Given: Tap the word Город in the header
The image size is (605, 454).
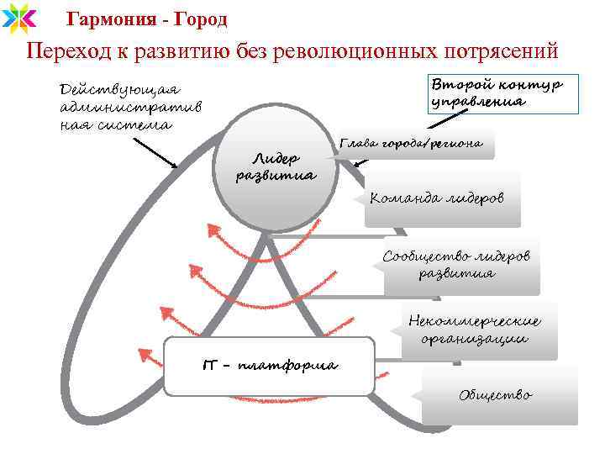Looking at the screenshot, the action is pos(198,18).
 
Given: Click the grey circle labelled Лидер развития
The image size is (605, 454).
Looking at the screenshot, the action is pos(276,168).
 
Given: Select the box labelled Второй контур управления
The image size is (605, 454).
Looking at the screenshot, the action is pos(496,92).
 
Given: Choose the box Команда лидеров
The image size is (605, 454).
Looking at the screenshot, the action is pos(442,198).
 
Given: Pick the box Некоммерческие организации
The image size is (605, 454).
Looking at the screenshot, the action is pos(475,330).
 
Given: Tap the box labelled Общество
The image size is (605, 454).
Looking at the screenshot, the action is pos(496,394).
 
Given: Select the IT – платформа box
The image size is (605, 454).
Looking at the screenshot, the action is pos(269,366).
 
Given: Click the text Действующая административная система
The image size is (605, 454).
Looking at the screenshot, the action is pos(126,107).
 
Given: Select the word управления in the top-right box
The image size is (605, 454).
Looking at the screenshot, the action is pos(479,102).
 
